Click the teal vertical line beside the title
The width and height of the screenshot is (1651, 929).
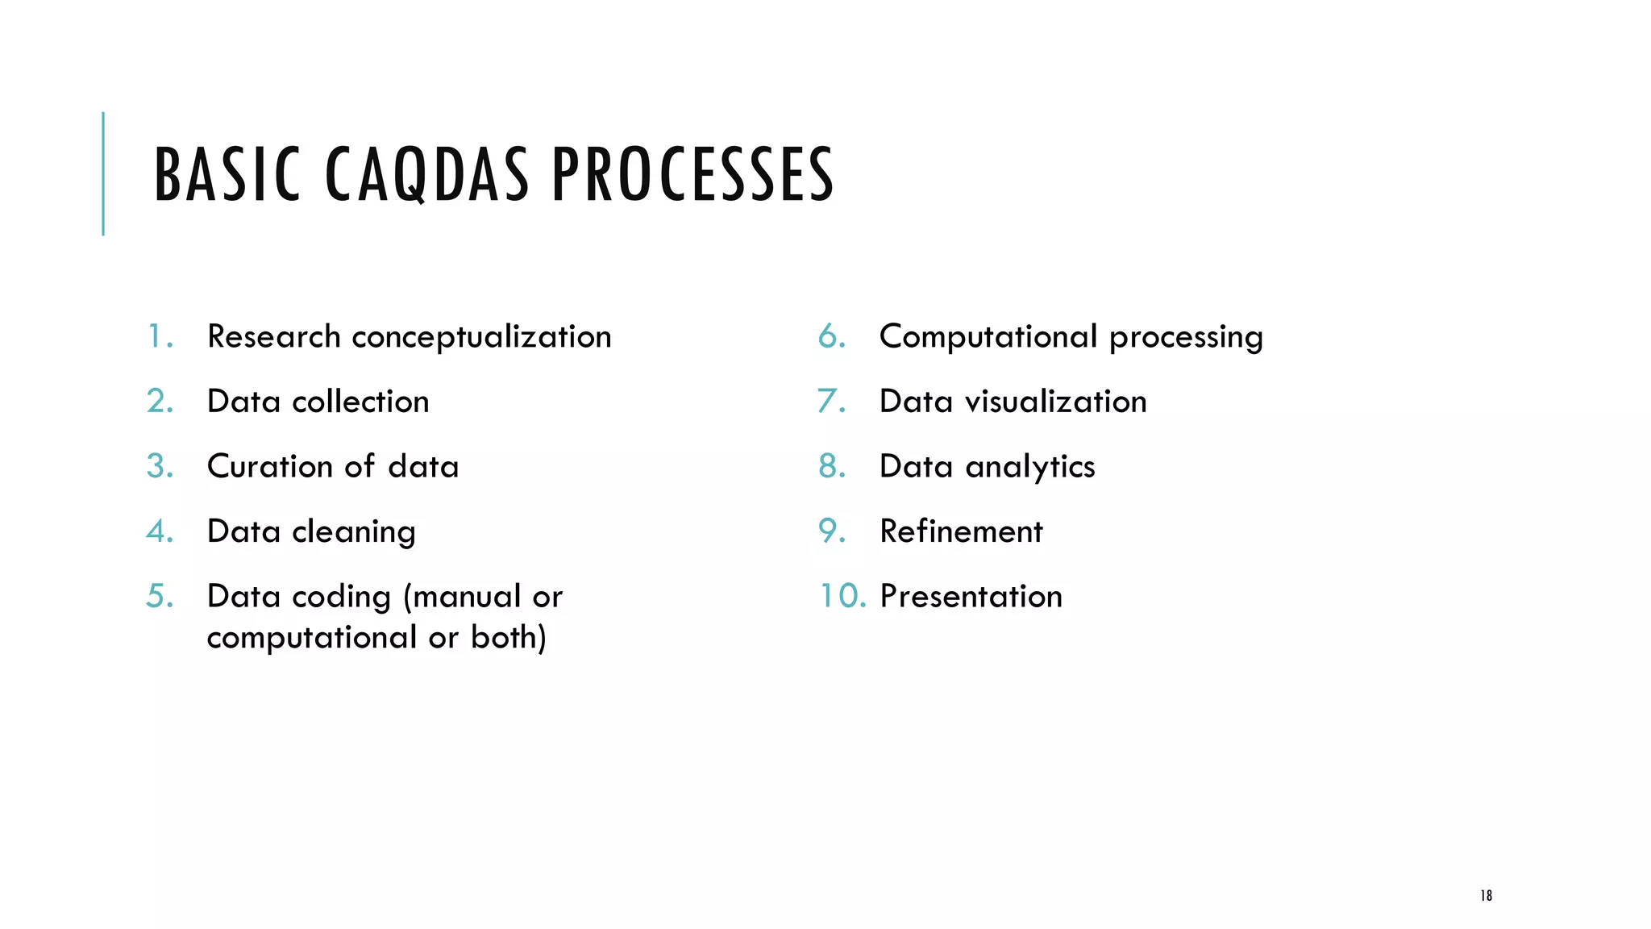click(103, 173)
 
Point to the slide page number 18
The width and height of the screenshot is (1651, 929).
click(1486, 895)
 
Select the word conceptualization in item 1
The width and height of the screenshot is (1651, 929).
click(481, 337)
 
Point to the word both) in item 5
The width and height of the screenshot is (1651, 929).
click(509, 637)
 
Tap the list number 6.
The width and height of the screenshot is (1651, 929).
click(832, 336)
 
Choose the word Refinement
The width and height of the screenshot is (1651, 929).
click(961, 531)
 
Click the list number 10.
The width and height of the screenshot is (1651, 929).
click(842, 596)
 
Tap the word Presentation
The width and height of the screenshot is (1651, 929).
click(971, 597)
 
